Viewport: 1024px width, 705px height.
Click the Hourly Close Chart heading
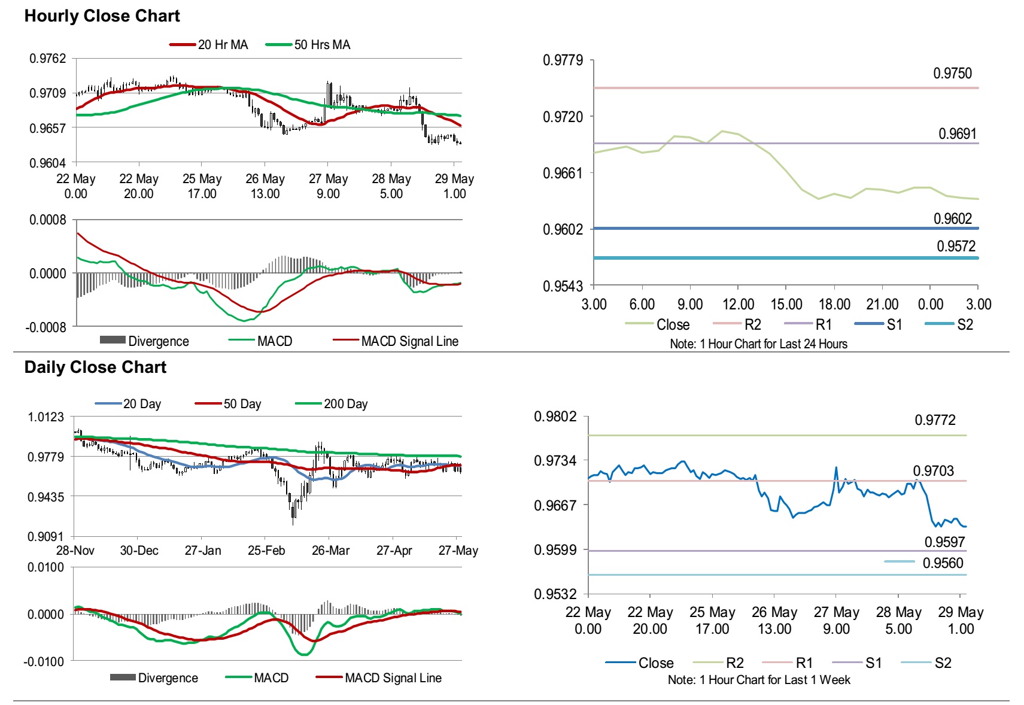coord(102,16)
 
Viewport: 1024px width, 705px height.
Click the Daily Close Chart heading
coord(95,367)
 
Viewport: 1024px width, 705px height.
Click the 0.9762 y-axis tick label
coord(48,59)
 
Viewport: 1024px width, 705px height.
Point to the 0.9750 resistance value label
coord(952,74)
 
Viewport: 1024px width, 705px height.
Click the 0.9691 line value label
coord(957,134)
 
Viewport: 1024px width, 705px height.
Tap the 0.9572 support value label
coord(956,247)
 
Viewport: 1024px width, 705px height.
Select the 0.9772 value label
coord(935,420)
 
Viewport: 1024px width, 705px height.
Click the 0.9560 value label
coord(943,563)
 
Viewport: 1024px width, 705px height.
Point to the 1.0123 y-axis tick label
coord(46,417)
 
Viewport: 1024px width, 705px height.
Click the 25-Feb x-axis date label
coord(266,551)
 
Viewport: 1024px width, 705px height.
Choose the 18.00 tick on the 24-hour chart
coord(834,305)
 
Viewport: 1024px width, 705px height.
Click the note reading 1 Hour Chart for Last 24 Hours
coord(758,344)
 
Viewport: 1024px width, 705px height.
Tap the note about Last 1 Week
coord(759,680)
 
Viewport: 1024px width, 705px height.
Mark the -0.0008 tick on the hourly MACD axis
coord(46,327)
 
